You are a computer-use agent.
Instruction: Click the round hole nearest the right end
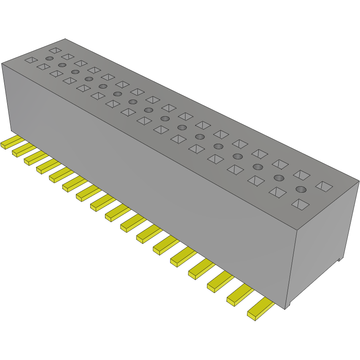click(x=301, y=189)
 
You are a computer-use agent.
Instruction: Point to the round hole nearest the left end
click(x=49, y=58)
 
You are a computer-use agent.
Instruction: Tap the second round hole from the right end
click(x=279, y=177)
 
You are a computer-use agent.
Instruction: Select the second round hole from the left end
click(x=62, y=65)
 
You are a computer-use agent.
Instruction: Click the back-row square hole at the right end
click(x=324, y=185)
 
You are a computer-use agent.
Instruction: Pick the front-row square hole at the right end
click(x=301, y=204)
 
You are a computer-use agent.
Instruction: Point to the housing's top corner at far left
click(x=2, y=64)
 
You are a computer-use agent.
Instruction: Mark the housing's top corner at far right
click(x=358, y=182)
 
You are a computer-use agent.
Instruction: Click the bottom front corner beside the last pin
click(x=287, y=308)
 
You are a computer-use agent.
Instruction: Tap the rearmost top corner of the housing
click(x=65, y=39)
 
